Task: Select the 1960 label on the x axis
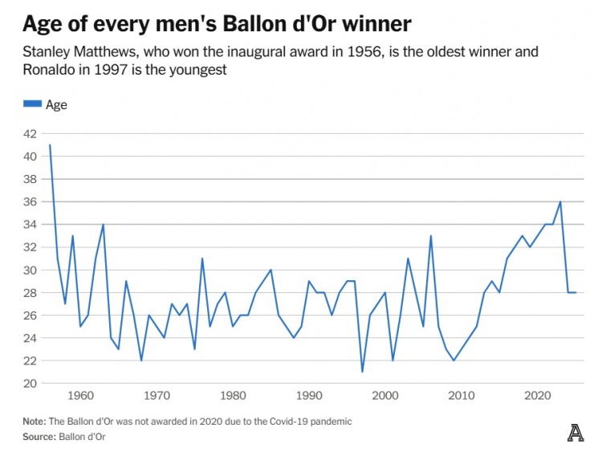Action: tap(79, 396)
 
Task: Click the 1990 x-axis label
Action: tap(309, 396)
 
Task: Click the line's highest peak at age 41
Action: tap(50, 145)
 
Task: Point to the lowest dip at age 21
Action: tap(362, 372)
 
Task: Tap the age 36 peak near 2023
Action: tap(560, 202)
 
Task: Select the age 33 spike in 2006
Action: tap(431, 236)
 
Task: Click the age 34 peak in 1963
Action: tap(103, 225)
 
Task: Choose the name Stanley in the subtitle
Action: tap(46, 52)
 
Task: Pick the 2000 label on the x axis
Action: tap(385, 396)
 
